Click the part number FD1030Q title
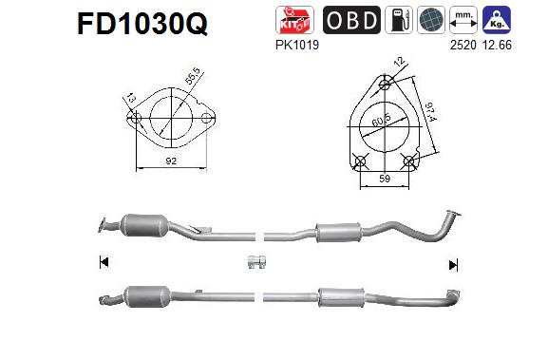pyautogui.click(x=142, y=24)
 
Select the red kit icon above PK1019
pyautogui.click(x=292, y=20)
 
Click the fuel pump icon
pyautogui.click(x=399, y=20)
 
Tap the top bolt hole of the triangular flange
pyautogui.click(x=384, y=84)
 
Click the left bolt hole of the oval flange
pyautogui.click(x=136, y=120)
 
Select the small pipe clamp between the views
pyautogui.click(x=255, y=262)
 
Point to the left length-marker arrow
pyautogui.click(x=103, y=262)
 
